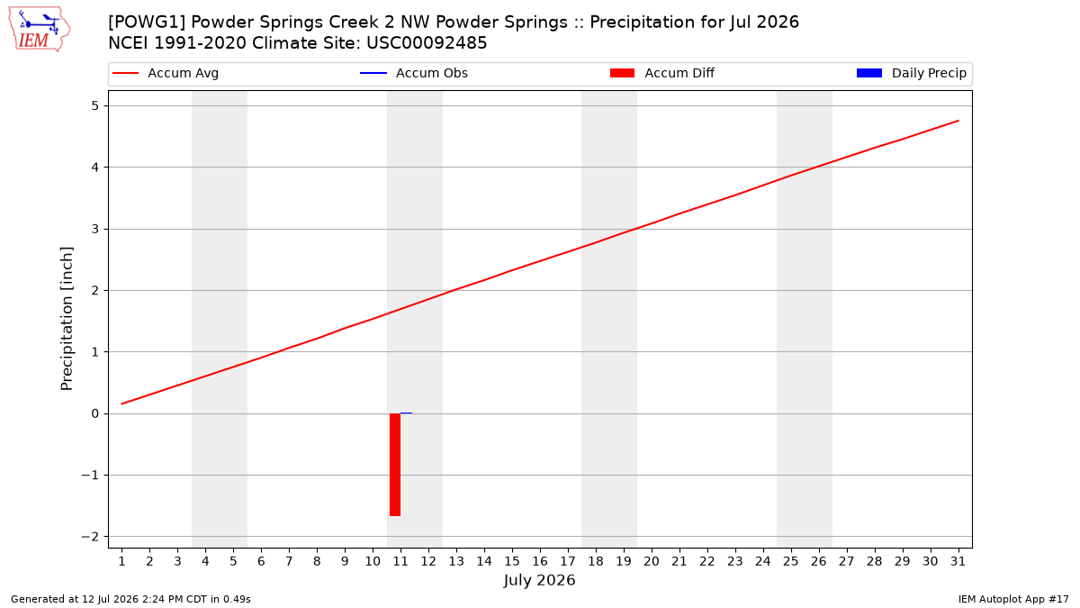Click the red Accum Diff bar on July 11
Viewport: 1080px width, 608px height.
pyautogui.click(x=395, y=465)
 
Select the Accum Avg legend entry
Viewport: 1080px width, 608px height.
pyautogui.click(x=166, y=73)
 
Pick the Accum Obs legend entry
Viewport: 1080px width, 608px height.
pyautogui.click(x=414, y=73)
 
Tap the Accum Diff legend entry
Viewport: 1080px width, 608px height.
pyautogui.click(x=662, y=73)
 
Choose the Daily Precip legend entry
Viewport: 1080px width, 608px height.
pyautogui.click(x=911, y=73)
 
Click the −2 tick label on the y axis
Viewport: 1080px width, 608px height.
pyautogui.click(x=90, y=537)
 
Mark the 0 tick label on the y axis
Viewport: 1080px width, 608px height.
pyautogui.click(x=94, y=413)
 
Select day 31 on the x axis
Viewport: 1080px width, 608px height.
pyautogui.click(x=958, y=561)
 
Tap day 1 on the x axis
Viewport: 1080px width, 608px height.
pyautogui.click(x=122, y=561)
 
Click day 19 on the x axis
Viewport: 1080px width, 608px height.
pyautogui.click(x=624, y=561)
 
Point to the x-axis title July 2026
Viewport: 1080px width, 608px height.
pyautogui.click(x=539, y=580)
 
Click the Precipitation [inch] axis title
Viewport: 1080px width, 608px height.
pyautogui.click(x=67, y=319)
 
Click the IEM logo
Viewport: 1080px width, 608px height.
pyautogui.click(x=39, y=30)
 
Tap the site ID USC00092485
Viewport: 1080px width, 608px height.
pyautogui.click(x=427, y=43)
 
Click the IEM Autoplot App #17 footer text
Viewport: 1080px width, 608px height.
pyautogui.click(x=1013, y=599)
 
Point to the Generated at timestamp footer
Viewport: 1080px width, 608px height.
pyautogui.click(x=130, y=599)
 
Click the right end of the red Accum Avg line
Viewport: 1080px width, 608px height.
pyautogui.click(x=958, y=121)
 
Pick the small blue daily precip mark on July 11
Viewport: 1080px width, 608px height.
pyautogui.click(x=406, y=413)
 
